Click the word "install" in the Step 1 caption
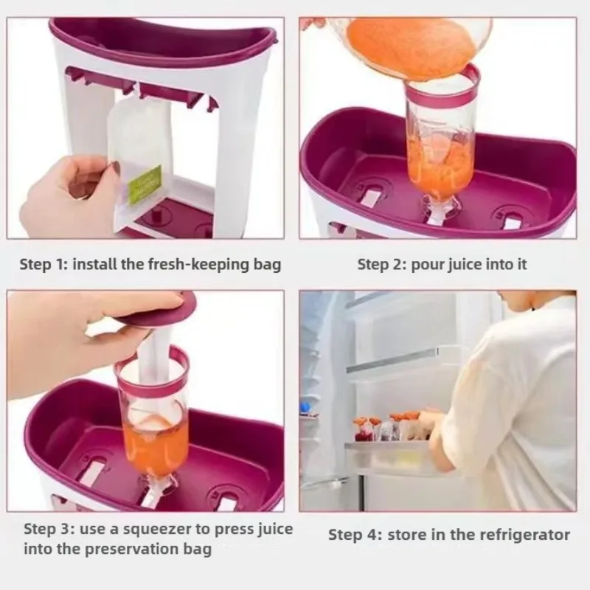(x=95, y=264)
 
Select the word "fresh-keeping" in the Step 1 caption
(x=194, y=264)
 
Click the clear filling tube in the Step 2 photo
(x=440, y=147)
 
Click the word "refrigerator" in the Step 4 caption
(x=523, y=534)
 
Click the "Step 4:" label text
(x=351, y=534)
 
